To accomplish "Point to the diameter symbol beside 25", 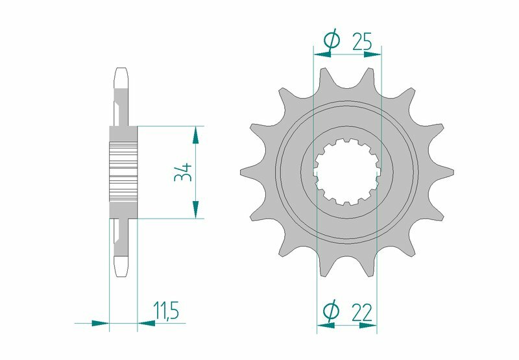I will [331, 42].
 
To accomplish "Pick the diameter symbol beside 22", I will [330, 313].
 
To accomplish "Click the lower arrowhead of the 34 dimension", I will [194, 211].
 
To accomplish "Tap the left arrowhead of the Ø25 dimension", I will [322, 54].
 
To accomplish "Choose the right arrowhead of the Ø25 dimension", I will [372, 54].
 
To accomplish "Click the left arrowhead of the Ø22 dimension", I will [326, 326].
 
